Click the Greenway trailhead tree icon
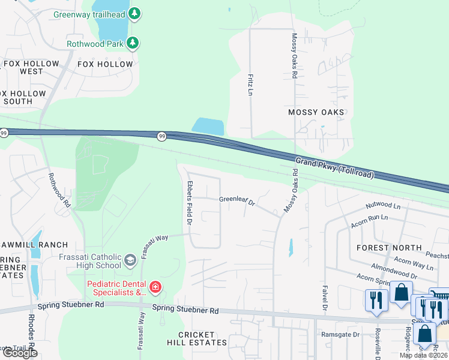click(135, 13)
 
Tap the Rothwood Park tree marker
click(133, 43)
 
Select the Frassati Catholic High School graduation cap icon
click(130, 260)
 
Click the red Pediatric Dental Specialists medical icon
click(155, 288)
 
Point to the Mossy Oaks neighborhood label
click(316, 112)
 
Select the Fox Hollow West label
click(31, 67)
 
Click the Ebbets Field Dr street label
click(189, 203)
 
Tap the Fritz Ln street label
click(250, 85)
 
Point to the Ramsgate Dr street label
click(340, 334)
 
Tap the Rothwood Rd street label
click(59, 190)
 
